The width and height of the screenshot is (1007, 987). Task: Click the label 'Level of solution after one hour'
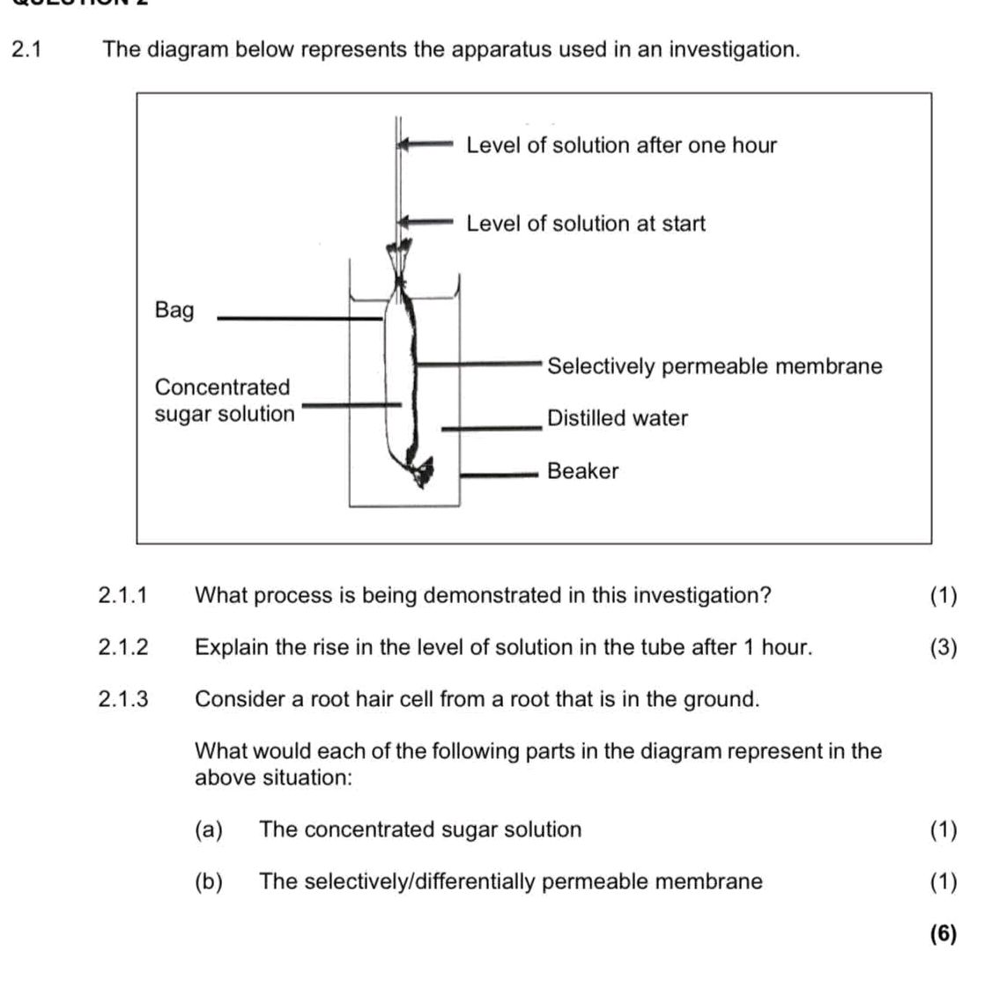pos(621,145)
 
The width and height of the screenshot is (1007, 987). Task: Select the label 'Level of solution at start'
pos(586,224)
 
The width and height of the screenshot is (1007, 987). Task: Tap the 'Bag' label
pos(174,310)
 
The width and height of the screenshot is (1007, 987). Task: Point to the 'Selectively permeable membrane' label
pos(714,366)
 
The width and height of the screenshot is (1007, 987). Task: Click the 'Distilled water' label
pos(617,418)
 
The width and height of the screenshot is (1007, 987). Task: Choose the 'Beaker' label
pos(582,471)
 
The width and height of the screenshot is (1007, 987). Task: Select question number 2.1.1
pos(123,596)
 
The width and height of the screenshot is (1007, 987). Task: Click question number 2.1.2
pos(123,648)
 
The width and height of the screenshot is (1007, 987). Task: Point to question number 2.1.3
pos(123,700)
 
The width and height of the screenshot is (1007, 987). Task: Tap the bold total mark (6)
pos(943,934)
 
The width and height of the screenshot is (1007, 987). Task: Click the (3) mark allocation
pos(943,648)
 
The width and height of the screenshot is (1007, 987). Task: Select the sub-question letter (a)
pos(209,830)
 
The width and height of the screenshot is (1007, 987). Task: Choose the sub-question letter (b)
pos(209,882)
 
